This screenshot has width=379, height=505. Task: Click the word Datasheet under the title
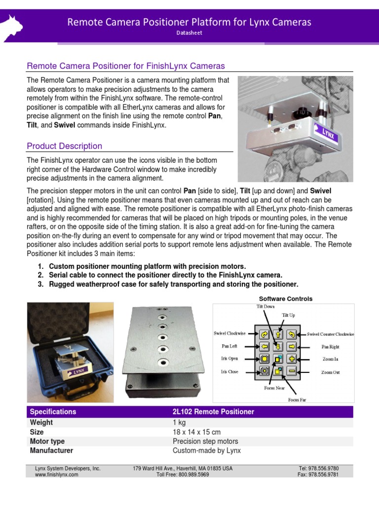(x=189, y=33)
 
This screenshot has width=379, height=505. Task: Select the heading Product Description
(x=64, y=146)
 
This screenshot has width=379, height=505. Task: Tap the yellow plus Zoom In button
(x=292, y=359)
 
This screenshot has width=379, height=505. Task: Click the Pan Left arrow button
(x=264, y=346)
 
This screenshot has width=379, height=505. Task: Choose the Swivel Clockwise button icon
(x=264, y=334)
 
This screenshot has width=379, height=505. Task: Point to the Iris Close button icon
(x=264, y=371)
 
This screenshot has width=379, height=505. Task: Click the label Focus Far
(x=297, y=399)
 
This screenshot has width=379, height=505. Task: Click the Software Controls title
(x=286, y=298)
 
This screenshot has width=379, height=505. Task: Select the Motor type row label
(x=47, y=441)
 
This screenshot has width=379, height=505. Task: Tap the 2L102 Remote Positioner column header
(x=213, y=411)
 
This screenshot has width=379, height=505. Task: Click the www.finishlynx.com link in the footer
(x=57, y=474)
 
